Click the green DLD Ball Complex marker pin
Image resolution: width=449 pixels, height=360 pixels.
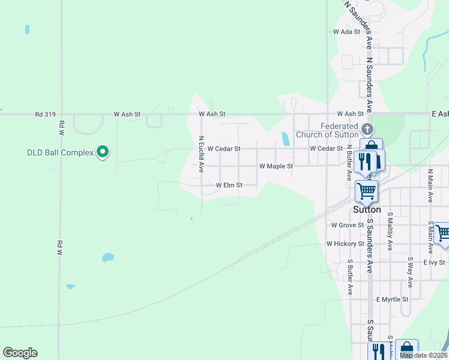pyautogui.click(x=103, y=152)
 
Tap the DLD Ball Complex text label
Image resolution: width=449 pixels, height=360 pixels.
pyautogui.click(x=60, y=152)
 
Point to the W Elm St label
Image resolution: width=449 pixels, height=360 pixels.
pyautogui.click(x=229, y=185)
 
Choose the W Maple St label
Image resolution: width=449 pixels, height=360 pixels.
pyautogui.click(x=276, y=166)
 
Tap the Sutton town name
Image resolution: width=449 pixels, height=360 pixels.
pyautogui.click(x=367, y=209)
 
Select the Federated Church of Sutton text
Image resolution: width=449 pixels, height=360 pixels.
pyautogui.click(x=331, y=130)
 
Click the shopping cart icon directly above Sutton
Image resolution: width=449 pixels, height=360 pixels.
pyautogui.click(x=366, y=191)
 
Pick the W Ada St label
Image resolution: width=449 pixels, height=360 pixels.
pyautogui.click(x=346, y=31)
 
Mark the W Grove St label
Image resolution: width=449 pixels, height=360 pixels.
pyautogui.click(x=348, y=225)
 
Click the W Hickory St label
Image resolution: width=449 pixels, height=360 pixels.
pyautogui.click(x=345, y=244)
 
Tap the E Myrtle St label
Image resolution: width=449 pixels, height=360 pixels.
pyautogui.click(x=392, y=299)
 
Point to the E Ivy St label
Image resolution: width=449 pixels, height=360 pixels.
pyautogui.click(x=433, y=262)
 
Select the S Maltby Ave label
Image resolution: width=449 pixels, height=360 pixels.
pyautogui.click(x=390, y=231)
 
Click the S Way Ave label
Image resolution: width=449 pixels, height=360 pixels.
pyautogui.click(x=410, y=272)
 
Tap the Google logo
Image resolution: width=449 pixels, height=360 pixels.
pyautogui.click(x=20, y=353)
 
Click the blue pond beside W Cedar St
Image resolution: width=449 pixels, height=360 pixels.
pyautogui.click(x=285, y=139)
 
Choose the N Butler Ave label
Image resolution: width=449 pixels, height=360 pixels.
pyautogui.click(x=349, y=162)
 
